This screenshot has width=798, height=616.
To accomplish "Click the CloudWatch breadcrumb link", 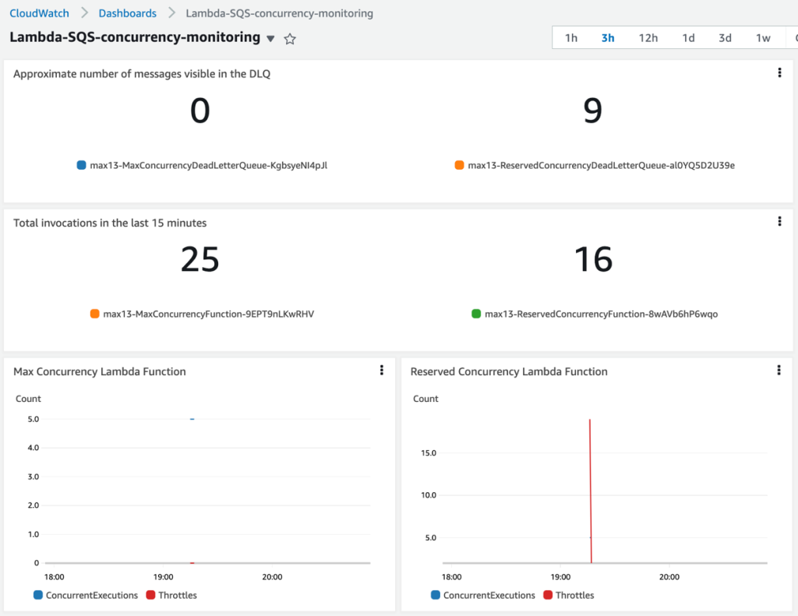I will [x=39, y=13].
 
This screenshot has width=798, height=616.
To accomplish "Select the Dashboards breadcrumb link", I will [x=127, y=13].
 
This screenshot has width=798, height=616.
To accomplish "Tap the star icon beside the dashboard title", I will [x=290, y=39].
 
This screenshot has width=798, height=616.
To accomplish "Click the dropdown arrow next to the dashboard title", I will [x=270, y=39].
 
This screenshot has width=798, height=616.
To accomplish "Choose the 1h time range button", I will [x=571, y=38].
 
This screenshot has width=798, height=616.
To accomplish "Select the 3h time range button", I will [x=608, y=38].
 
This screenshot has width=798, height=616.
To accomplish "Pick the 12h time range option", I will [x=648, y=38].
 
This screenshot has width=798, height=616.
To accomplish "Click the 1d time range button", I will [x=688, y=38].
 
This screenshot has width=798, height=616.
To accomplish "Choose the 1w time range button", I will [x=763, y=38].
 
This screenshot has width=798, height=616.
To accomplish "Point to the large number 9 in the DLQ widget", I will [x=592, y=111].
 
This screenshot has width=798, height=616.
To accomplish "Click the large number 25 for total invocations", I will [x=199, y=259].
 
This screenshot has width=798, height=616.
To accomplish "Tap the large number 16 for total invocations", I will [x=592, y=259].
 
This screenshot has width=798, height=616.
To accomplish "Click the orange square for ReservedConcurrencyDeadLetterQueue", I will [x=460, y=165].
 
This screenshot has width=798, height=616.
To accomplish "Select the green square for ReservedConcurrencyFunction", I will [x=476, y=314].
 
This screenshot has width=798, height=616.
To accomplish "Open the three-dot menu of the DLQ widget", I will [x=779, y=73].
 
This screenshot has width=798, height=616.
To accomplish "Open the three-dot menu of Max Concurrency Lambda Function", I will [x=382, y=371].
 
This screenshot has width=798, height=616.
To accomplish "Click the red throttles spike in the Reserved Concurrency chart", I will [x=591, y=483].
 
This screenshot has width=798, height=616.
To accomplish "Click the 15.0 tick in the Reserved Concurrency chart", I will [x=428, y=453].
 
